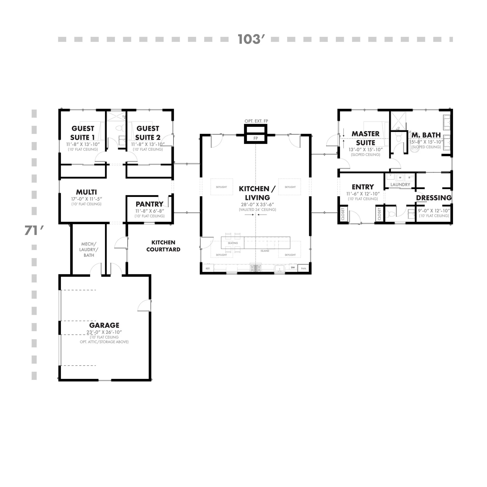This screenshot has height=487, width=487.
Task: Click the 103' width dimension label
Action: click(251, 39)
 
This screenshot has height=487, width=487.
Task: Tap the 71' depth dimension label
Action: click(34, 230)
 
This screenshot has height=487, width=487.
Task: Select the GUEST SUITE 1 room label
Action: click(83, 133)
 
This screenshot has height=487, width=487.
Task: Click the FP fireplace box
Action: click(255, 138)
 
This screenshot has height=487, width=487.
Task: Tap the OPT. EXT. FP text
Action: click(256, 121)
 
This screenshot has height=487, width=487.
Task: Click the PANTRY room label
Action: click(149, 204)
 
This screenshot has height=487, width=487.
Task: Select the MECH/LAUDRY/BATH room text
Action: click(89, 250)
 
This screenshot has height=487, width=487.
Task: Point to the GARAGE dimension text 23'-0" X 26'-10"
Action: click(104, 332)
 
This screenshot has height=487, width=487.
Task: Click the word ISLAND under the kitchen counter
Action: click(265, 251)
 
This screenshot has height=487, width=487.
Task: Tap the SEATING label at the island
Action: click(233, 243)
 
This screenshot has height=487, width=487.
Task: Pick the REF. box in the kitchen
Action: click(208, 268)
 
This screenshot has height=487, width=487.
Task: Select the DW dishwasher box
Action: click(293, 267)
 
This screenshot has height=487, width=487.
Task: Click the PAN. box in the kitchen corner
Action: click(304, 268)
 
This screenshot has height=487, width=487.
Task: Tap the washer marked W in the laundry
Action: click(400, 177)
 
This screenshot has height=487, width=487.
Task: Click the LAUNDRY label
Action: click(400, 184)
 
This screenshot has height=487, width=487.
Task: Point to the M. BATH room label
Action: click(426, 135)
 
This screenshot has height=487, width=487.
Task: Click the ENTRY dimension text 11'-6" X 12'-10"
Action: click(363, 194)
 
